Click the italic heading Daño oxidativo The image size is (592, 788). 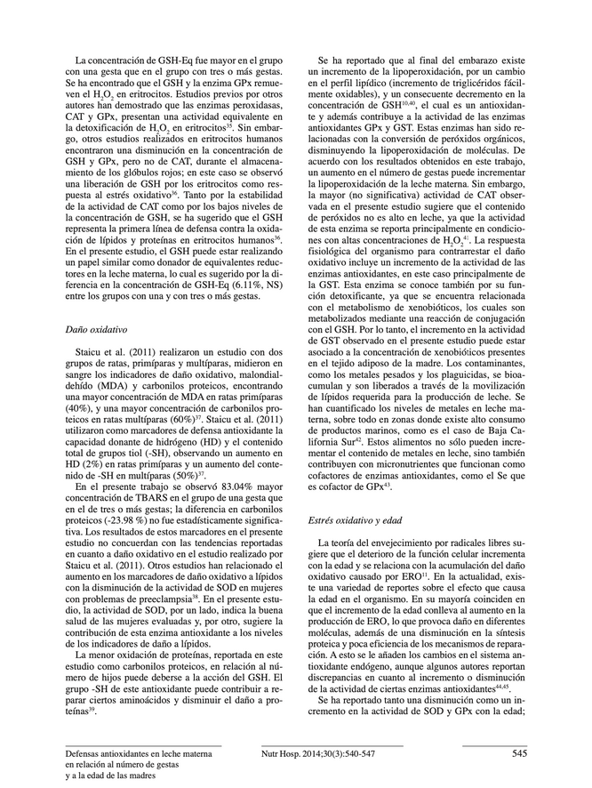(x=96, y=329)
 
